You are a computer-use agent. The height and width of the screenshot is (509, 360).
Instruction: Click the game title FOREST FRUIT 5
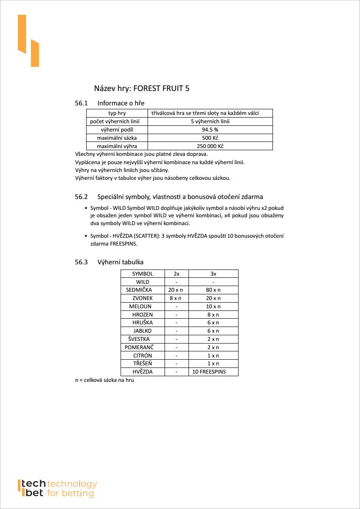[161, 88]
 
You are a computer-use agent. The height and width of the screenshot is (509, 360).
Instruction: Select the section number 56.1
[81, 103]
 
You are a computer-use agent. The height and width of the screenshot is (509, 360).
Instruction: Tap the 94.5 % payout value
[210, 130]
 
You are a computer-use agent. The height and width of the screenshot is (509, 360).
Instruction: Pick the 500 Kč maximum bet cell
[210, 138]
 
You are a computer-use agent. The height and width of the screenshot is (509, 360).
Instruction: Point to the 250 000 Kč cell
[210, 146]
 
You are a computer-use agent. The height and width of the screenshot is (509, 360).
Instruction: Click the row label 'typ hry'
[117, 113]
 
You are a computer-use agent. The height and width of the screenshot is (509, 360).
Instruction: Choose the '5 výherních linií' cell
[210, 121]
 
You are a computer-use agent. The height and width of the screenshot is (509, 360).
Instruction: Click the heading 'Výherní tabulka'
[121, 262]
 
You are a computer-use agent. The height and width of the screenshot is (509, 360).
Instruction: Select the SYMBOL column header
[142, 274]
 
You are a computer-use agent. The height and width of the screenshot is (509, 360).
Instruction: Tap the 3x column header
[213, 274]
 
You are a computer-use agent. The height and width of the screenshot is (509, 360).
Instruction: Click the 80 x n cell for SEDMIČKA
[213, 290]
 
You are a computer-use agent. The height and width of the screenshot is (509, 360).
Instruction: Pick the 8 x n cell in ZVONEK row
[176, 298]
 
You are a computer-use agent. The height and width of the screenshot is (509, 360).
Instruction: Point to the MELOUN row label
[140, 307]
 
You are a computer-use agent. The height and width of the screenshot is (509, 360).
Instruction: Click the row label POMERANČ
[139, 347]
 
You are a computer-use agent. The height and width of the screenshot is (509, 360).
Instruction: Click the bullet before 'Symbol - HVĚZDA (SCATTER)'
[86, 236]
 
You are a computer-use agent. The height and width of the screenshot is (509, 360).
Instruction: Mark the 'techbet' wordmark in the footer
[34, 489]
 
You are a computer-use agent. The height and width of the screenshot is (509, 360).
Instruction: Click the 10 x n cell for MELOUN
[213, 307]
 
